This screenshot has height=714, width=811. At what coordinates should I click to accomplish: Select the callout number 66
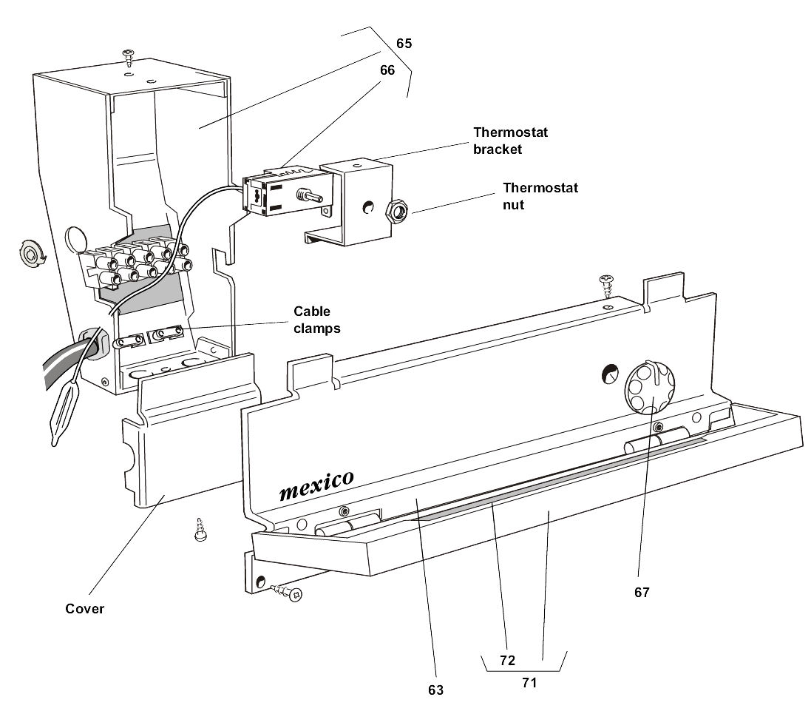[x=388, y=70]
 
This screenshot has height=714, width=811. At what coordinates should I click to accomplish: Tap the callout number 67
[x=641, y=593]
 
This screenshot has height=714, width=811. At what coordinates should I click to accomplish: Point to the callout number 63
[x=435, y=690]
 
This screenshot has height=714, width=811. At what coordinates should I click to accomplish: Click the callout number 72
[x=506, y=660]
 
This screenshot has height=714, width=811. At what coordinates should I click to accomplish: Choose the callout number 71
[x=529, y=682]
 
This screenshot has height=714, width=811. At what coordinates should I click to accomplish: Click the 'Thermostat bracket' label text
[x=510, y=141]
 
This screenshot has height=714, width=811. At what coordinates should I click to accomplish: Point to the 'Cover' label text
[x=84, y=609]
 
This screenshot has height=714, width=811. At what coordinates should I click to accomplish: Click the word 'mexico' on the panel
[x=316, y=485]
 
